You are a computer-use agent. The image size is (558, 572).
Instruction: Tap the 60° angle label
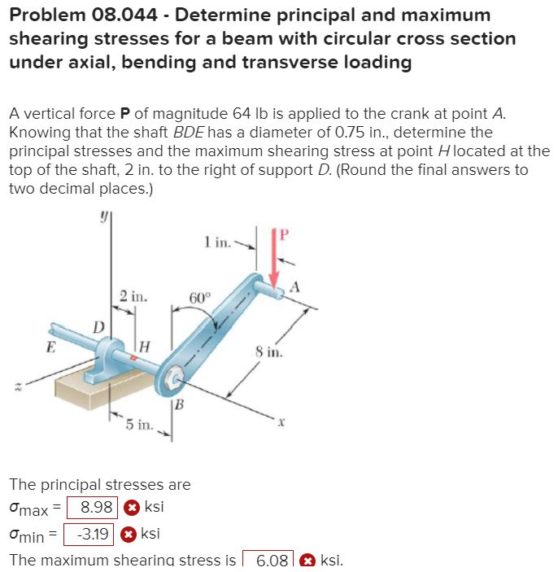pos(200,298)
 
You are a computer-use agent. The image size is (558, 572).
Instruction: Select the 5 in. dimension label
pos(138,425)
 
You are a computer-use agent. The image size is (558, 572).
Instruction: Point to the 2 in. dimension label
pos(133,297)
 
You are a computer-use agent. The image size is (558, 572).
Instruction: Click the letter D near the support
pos(98,327)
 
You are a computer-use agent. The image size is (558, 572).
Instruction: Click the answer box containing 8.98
pos(92,508)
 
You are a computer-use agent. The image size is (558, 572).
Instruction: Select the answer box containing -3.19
pos(89,535)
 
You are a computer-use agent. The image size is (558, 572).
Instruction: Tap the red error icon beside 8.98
pos(132,508)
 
